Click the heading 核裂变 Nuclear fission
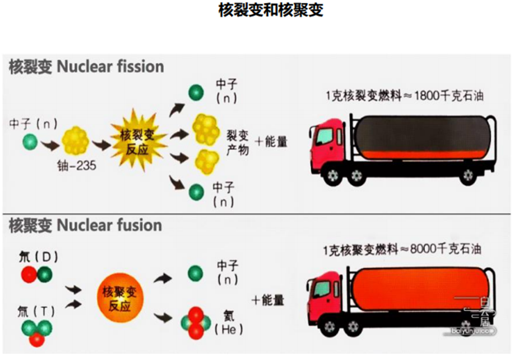pyautogui.click(x=86, y=66)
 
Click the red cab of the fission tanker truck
pyautogui.click(x=328, y=142)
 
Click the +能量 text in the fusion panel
pyautogui.click(x=267, y=300)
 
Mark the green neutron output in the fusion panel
pyautogui.click(x=195, y=273)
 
